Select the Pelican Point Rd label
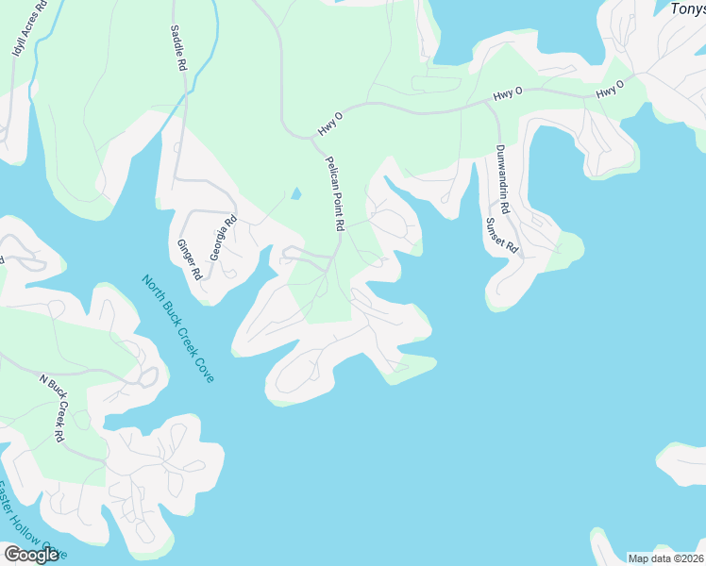point(334,194)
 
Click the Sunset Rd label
point(502,237)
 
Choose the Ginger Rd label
point(189,259)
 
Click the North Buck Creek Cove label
point(177,327)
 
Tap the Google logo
point(31,555)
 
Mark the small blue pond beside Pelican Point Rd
point(296,194)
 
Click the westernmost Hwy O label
point(329,120)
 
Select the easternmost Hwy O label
point(610,92)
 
